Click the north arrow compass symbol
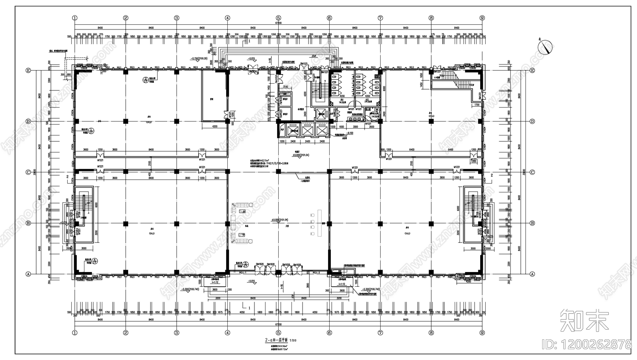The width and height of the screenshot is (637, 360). point(546,47)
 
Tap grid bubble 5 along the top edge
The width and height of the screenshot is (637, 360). point(278,18)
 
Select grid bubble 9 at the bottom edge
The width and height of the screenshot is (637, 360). point(482,333)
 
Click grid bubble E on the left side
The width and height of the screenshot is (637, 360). point(28,70)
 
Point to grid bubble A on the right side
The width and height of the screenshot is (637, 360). point(532,274)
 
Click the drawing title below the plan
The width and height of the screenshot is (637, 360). point(280,340)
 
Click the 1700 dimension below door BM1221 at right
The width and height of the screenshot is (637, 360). point(477,105)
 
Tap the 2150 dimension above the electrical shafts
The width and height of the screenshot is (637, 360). point(285,86)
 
